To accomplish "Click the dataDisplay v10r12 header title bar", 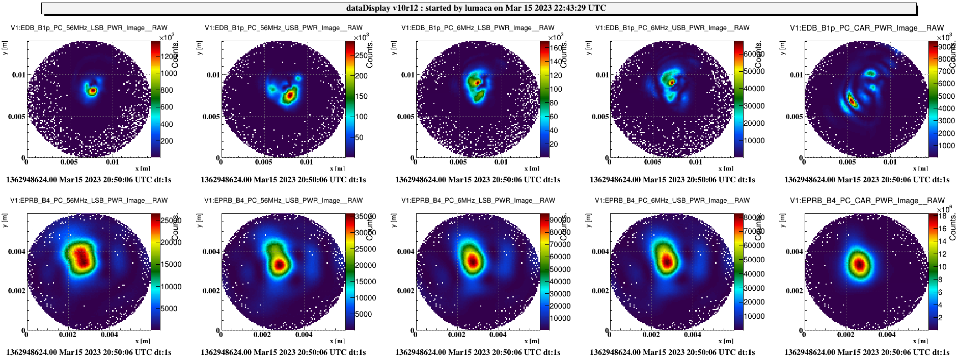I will click(x=478, y=8).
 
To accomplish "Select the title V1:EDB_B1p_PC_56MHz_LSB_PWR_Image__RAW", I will click(x=89, y=28).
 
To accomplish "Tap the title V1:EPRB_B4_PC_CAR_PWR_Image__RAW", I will click(x=867, y=201).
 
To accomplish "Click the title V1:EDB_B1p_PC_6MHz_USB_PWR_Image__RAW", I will click(x=672, y=28).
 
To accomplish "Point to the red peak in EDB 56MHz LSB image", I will click(x=93, y=91).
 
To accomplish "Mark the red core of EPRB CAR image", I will click(x=860, y=265).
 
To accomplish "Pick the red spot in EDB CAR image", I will click(x=852, y=101).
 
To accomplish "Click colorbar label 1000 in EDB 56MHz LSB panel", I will click(x=169, y=73).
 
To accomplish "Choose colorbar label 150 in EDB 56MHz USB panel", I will click(x=362, y=96).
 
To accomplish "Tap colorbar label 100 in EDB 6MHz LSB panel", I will click(x=556, y=89).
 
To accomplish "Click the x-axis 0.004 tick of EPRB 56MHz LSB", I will click(x=109, y=335).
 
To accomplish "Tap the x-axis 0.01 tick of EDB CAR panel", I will click(x=890, y=162).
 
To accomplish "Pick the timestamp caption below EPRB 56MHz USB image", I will click(x=283, y=352).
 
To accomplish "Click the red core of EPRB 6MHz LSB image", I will click(x=473, y=262).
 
